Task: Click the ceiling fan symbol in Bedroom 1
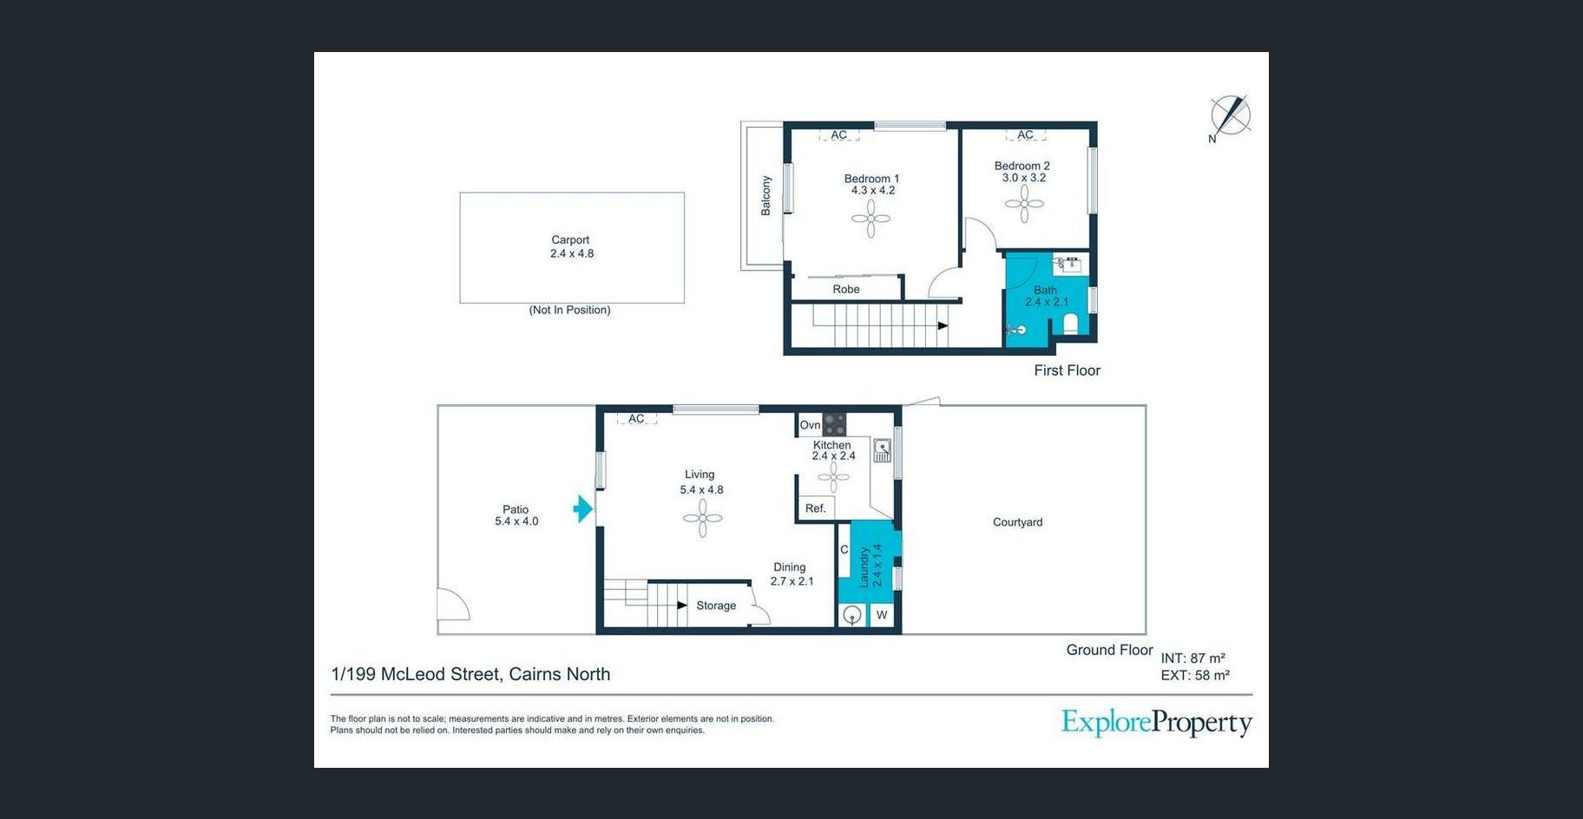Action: click(870, 219)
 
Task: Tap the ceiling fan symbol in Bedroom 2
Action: click(1024, 205)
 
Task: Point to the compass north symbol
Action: click(1230, 116)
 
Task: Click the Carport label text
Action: click(570, 240)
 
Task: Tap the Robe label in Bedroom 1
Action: click(846, 290)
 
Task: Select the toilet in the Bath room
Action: click(1071, 324)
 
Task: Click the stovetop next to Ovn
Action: click(834, 424)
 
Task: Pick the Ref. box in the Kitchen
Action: click(816, 508)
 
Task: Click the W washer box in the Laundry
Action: click(882, 615)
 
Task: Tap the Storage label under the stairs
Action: click(716, 606)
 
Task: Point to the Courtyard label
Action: click(1018, 522)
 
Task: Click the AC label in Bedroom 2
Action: click(1025, 134)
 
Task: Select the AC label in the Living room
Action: click(636, 418)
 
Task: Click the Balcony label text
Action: click(766, 195)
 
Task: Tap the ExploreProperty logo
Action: click(1157, 723)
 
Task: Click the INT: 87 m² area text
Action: click(1193, 658)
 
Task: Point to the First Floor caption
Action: click(1067, 370)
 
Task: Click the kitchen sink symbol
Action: click(883, 450)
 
